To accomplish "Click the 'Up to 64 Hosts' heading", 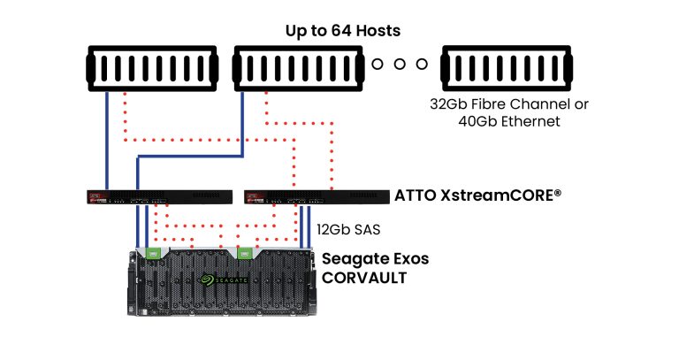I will [343, 31].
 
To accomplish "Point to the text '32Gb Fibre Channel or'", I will [509, 104].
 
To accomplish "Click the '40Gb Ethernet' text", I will [509, 122].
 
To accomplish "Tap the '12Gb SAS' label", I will [347, 228].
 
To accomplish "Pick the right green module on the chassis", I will [245, 253].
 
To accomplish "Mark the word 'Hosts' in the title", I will [377, 31].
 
